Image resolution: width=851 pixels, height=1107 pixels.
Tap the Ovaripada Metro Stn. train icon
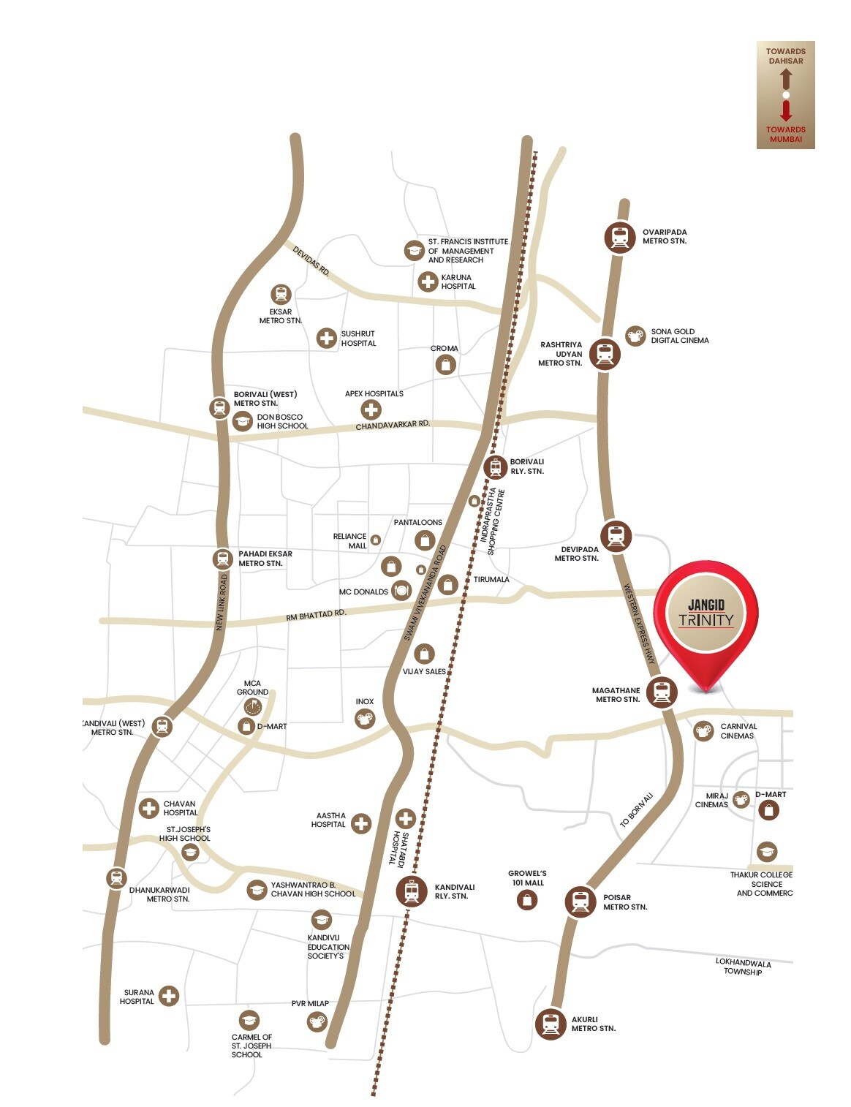[x=620, y=237]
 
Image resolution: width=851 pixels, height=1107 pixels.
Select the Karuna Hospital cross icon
[x=428, y=281]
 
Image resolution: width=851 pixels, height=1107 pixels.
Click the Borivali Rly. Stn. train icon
[x=496, y=466]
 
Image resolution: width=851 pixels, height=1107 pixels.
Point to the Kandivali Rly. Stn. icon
[x=412, y=891]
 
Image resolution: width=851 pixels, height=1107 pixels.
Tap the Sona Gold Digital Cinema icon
[x=635, y=336]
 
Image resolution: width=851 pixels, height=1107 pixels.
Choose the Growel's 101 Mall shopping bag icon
[x=526, y=900]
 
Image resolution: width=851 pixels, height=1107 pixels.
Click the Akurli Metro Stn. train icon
[x=551, y=1024]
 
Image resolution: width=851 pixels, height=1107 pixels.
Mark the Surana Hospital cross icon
[x=169, y=996]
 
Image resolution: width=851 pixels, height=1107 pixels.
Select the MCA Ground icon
[x=253, y=707]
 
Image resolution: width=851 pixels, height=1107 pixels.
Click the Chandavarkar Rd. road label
[x=393, y=425]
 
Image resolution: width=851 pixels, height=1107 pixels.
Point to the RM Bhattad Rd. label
[x=315, y=616]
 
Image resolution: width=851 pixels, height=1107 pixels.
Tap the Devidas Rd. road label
[x=311, y=260]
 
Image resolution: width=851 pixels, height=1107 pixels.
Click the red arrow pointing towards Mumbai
[x=786, y=111]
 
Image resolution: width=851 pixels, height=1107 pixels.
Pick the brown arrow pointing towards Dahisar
[x=786, y=78]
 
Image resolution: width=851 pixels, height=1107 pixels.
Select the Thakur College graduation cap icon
[x=766, y=852]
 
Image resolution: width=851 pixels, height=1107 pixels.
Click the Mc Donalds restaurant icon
[x=401, y=590]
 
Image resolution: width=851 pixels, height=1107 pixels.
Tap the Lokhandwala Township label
[x=743, y=967]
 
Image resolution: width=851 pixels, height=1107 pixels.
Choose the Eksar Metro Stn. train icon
[x=281, y=295]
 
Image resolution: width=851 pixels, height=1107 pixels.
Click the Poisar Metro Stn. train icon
[x=580, y=902]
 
